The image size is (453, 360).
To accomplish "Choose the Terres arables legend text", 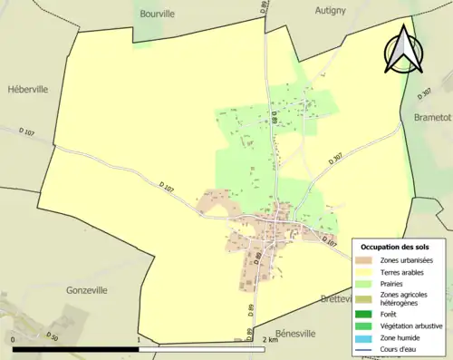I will (405, 271).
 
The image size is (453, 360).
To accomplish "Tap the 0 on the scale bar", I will (14, 340).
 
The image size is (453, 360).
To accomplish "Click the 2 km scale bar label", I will (269, 340).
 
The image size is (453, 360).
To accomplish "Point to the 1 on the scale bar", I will (138, 340).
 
